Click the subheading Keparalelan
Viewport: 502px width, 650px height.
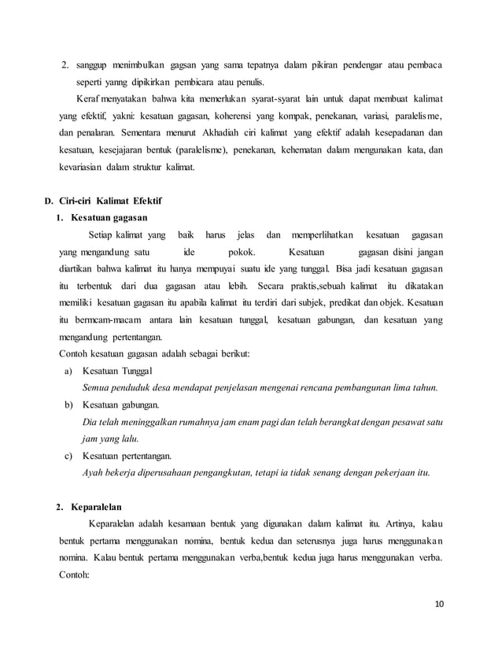pos(96,507)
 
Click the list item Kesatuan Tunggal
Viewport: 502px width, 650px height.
pos(118,371)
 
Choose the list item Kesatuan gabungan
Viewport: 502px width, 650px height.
pos(120,405)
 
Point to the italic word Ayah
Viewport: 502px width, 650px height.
pos(93,474)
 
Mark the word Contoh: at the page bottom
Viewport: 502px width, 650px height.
pos(76,574)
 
